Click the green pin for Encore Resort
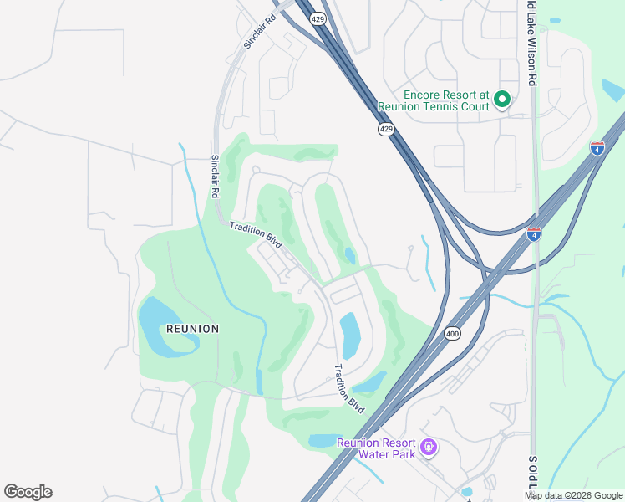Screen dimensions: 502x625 pyautogui.click(x=502, y=100)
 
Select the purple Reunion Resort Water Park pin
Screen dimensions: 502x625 pyautogui.click(x=429, y=448)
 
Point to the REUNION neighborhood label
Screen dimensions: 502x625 pyautogui.click(x=193, y=329)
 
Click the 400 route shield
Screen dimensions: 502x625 pyautogui.click(x=452, y=333)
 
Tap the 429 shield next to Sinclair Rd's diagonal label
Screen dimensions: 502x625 pyautogui.click(x=318, y=18)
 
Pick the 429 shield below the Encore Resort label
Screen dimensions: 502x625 pyautogui.click(x=385, y=129)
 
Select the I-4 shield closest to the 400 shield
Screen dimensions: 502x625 pyautogui.click(x=534, y=234)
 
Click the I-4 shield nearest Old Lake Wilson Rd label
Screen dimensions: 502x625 pyautogui.click(x=597, y=148)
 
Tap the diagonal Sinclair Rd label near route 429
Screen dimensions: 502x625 pyautogui.click(x=259, y=31)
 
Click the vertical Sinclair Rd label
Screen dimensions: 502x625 pyautogui.click(x=216, y=176)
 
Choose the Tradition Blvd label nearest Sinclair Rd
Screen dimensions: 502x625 pyautogui.click(x=257, y=233)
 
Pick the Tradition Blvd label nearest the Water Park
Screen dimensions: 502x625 pyautogui.click(x=348, y=387)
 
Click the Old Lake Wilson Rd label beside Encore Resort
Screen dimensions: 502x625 pyautogui.click(x=531, y=42)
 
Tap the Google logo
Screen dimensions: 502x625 pyautogui.click(x=28, y=492)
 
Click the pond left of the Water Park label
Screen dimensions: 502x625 pyautogui.click(x=322, y=440)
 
